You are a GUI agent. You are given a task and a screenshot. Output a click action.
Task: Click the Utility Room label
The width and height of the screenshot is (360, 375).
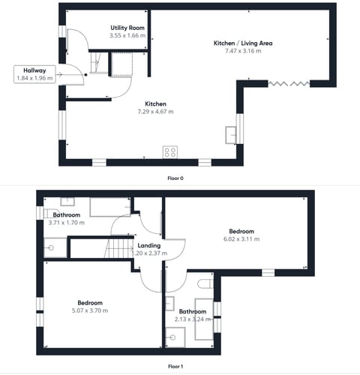pos(127,27)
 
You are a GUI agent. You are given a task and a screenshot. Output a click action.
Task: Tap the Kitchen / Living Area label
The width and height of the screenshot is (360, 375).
pos(243,43)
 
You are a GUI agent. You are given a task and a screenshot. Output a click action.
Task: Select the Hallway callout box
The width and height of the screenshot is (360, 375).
pos(34,73)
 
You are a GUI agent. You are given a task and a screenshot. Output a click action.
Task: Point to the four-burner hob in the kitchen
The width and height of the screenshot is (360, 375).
pos(170,152)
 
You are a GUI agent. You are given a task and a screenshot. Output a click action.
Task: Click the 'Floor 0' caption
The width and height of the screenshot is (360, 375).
pos(175,178)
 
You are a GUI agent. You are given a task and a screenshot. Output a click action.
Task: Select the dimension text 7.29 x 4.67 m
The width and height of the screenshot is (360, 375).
pos(155,112)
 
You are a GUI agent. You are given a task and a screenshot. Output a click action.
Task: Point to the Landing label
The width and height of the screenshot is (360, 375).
pos(148,245)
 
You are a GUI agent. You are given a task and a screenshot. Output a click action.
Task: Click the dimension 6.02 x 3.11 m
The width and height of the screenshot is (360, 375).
pos(241,239)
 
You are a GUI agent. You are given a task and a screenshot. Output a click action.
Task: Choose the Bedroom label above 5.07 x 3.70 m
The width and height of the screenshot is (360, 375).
pos(89,302)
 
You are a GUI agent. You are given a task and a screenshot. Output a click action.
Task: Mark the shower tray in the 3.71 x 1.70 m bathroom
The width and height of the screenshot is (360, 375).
pos(55,247)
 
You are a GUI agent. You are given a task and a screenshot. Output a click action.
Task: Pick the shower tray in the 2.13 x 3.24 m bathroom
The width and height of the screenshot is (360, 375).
pos(176,337)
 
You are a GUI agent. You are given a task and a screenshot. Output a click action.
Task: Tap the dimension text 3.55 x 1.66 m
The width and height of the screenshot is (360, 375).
pos(126,35)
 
